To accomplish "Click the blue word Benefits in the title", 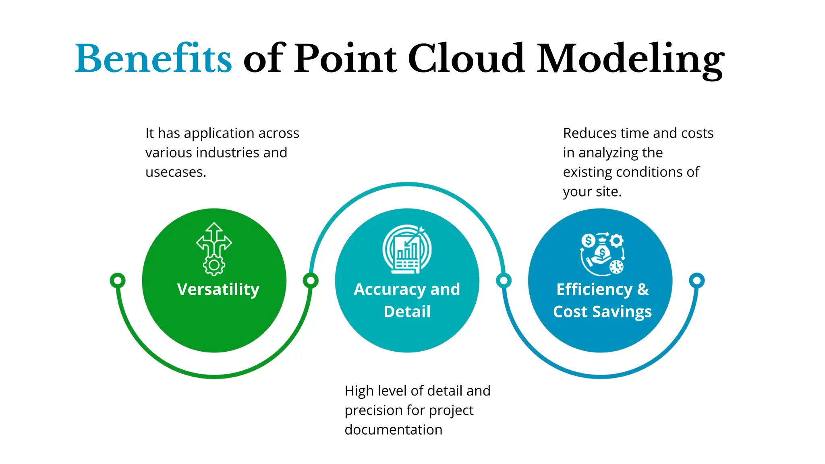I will pyautogui.click(x=153, y=59).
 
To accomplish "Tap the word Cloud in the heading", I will pyautogui.click(x=466, y=59).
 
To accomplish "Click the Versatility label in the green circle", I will pyautogui.click(x=218, y=289).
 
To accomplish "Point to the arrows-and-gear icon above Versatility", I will pyautogui.click(x=214, y=249).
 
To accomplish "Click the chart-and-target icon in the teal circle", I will pyautogui.click(x=407, y=249).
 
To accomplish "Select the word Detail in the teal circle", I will pyautogui.click(x=407, y=312).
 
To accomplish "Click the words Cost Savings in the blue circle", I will pyautogui.click(x=602, y=312).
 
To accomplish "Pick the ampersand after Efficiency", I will pyautogui.click(x=643, y=289).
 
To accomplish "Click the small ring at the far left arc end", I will pyautogui.click(x=118, y=280).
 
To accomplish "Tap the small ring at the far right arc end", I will pyautogui.click(x=696, y=280).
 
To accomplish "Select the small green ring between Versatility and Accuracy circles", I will pyautogui.click(x=311, y=280).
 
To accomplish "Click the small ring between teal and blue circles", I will pyautogui.click(x=504, y=280).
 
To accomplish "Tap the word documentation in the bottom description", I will pyautogui.click(x=393, y=430).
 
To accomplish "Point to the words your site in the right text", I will pyautogui.click(x=592, y=192).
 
